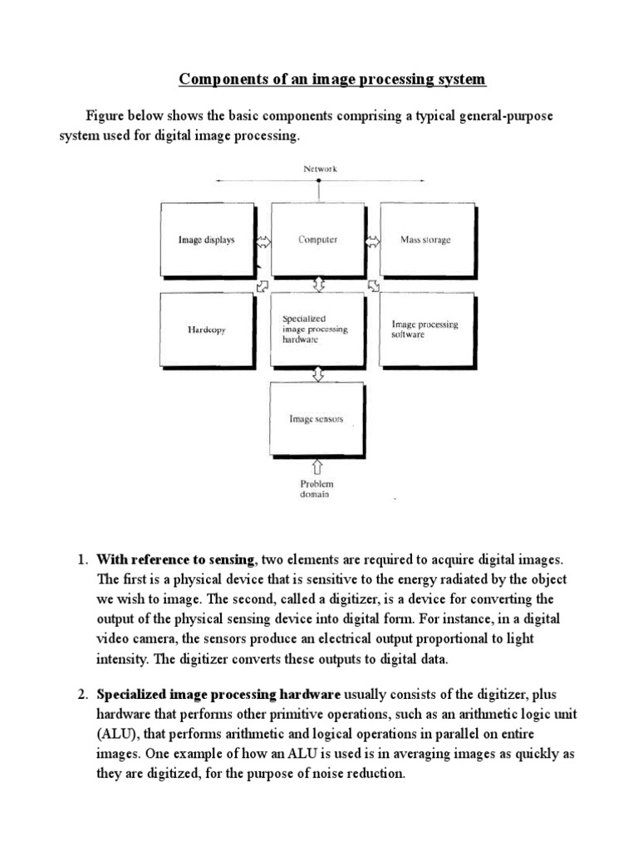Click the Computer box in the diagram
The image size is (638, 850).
point(318,240)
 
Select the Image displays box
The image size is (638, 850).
point(207,240)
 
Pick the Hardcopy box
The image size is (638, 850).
point(207,330)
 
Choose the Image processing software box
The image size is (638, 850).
point(425,330)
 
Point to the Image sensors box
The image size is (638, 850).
point(317,418)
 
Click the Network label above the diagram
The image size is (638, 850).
point(319,169)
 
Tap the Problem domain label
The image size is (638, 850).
point(316,489)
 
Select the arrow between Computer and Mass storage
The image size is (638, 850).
point(372,241)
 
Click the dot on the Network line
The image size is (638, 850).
point(319,180)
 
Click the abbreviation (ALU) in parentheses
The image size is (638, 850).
point(117,734)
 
